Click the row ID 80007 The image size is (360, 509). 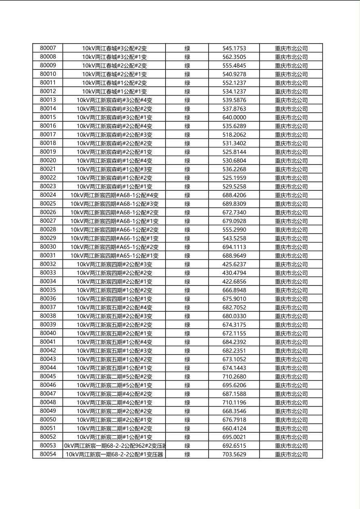(x=48, y=48)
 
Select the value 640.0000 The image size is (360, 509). (x=234, y=117)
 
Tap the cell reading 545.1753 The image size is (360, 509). (x=234, y=48)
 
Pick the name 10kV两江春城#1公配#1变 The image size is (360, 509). (x=115, y=92)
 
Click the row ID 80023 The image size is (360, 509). (x=48, y=186)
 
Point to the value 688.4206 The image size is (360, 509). (x=234, y=195)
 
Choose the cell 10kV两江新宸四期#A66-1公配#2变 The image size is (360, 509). (x=115, y=229)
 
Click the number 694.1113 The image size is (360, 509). (x=234, y=247)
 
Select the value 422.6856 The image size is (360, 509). (x=234, y=282)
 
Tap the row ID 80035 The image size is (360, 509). (x=48, y=290)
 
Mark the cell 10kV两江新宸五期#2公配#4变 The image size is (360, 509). (x=115, y=307)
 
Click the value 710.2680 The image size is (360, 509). (x=234, y=376)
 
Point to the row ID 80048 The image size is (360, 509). (x=48, y=402)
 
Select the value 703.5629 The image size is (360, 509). (x=234, y=454)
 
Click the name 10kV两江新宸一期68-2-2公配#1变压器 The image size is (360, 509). (x=115, y=454)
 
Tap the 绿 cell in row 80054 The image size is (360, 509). (x=187, y=454)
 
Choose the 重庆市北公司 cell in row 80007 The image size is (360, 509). (x=291, y=48)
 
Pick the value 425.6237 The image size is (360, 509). (x=234, y=264)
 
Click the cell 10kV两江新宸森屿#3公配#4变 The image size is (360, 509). (x=115, y=100)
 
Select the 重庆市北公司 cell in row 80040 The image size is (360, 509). (x=291, y=333)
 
